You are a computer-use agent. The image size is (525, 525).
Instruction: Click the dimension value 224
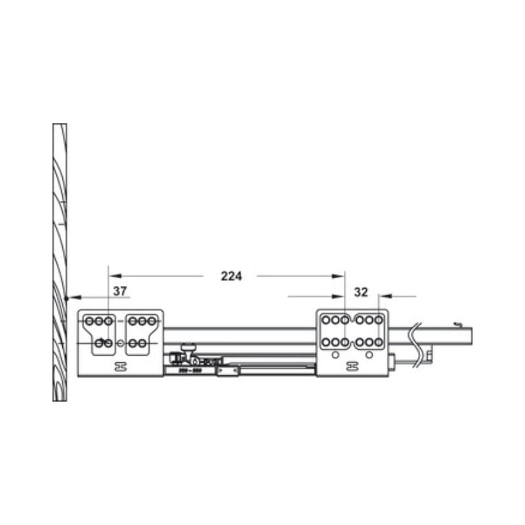(x=231, y=276)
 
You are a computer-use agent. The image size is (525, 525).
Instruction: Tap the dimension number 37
(x=119, y=290)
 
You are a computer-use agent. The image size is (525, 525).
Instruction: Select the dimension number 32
(x=361, y=291)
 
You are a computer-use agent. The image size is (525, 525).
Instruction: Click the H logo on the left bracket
(x=120, y=366)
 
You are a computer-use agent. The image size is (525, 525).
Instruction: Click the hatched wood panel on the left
(x=60, y=262)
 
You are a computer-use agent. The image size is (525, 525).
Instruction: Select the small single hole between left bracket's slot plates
(x=120, y=343)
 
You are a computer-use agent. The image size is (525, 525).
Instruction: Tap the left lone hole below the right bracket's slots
(x=335, y=355)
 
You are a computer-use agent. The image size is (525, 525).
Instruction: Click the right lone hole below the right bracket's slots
(x=369, y=355)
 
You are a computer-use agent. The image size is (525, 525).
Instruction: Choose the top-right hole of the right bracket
(x=379, y=320)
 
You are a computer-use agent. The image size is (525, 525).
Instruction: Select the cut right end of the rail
(x=471, y=337)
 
